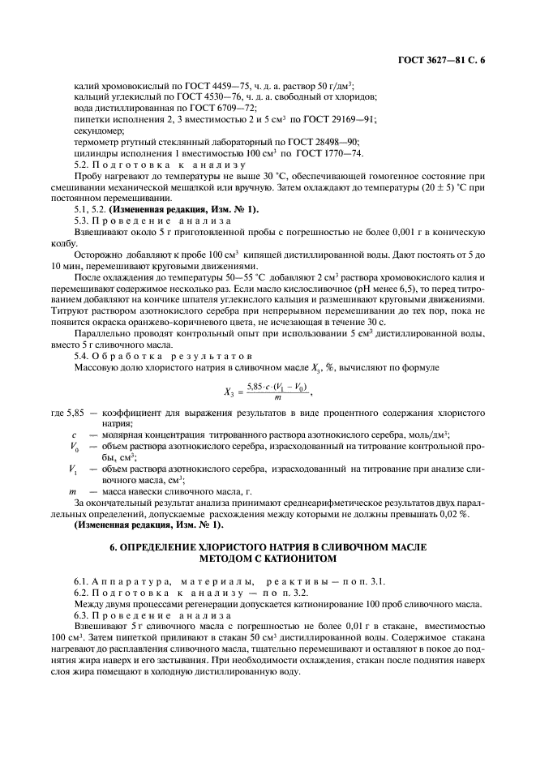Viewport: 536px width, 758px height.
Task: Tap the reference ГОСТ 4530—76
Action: [212, 97]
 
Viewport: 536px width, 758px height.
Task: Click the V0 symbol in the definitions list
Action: [74, 446]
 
